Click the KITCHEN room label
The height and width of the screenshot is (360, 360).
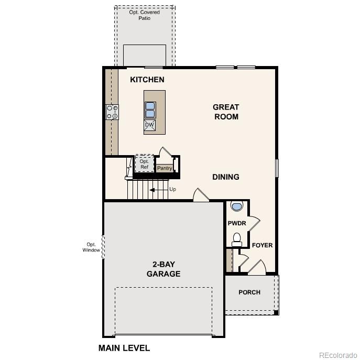tap(147, 80)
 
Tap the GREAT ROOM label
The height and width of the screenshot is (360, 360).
tap(226, 112)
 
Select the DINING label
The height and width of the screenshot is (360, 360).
tap(226, 177)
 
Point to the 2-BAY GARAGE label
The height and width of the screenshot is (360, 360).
tap(163, 269)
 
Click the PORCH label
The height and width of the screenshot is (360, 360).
tap(249, 292)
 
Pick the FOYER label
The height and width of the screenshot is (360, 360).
tap(262, 245)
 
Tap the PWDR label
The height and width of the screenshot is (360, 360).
tap(237, 223)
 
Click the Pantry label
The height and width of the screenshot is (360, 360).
tap(165, 168)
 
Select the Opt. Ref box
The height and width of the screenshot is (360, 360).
tap(144, 163)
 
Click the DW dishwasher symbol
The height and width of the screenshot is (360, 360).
tap(150, 125)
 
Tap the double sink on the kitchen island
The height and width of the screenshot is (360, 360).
tap(150, 110)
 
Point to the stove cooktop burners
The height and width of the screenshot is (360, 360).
tap(112, 112)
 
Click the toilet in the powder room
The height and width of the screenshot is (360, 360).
tap(236, 239)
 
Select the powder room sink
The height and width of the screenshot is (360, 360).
tap(236, 206)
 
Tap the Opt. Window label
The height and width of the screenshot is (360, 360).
tap(91, 247)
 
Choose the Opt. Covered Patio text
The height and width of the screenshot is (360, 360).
tap(144, 15)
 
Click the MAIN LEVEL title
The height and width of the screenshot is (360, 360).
tap(124, 348)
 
